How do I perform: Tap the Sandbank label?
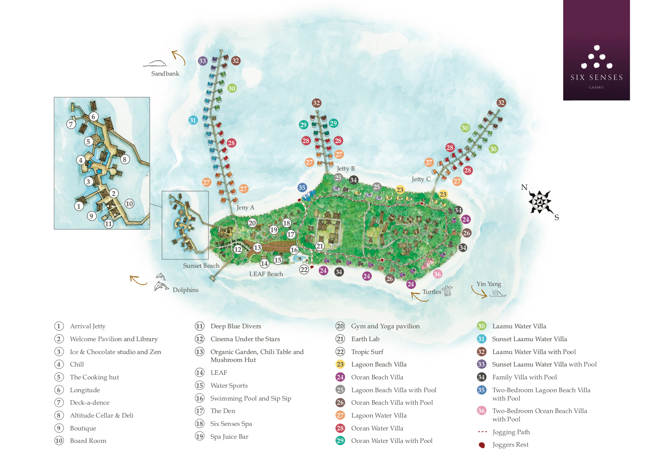coord(165,74)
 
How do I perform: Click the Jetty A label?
coord(245,208)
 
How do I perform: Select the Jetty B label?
coord(346,169)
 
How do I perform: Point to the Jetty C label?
coord(421,179)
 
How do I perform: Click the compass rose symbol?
coord(540,202)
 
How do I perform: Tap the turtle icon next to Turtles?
coord(447,290)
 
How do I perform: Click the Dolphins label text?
coord(185,290)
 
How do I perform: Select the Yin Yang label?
coord(489,284)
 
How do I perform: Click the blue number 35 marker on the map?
coord(302,188)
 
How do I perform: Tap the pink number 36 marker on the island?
coord(438,274)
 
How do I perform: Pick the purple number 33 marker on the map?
coord(203,61)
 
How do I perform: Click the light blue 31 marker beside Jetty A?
coord(193,120)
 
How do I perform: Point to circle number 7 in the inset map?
coord(71,124)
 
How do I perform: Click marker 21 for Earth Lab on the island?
coord(320,246)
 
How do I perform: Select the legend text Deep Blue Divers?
coord(236,326)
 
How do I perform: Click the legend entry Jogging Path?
coord(511,432)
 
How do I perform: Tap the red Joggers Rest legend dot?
coord(482,445)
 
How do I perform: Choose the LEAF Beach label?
coord(266,274)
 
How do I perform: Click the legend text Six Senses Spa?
coord(231,424)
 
